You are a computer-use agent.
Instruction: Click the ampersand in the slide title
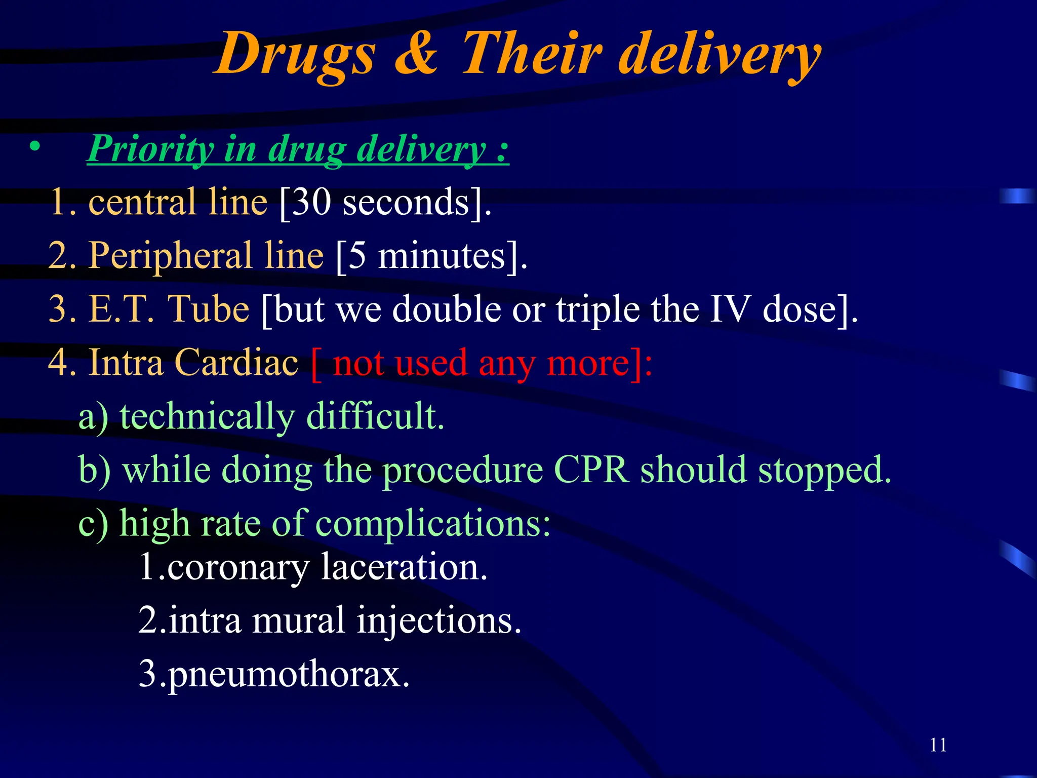pyautogui.click(x=416, y=53)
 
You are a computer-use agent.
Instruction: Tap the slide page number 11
pyautogui.click(x=938, y=745)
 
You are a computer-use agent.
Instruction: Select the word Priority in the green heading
pyautogui.click(x=151, y=149)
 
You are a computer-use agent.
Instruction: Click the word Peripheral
pyautogui.click(x=170, y=255)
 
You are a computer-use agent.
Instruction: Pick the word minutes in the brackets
pyautogui.click(x=442, y=255)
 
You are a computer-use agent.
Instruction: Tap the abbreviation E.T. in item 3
pyautogui.click(x=121, y=309)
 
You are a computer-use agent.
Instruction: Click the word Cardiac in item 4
pyautogui.click(x=236, y=363)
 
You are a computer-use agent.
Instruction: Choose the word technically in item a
pyautogui.click(x=207, y=417)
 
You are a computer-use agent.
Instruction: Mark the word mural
pyautogui.click(x=299, y=620)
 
